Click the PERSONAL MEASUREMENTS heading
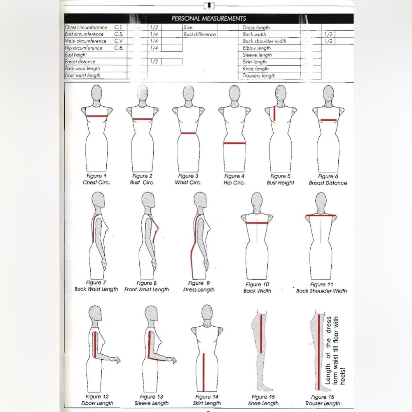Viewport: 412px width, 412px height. (208, 19)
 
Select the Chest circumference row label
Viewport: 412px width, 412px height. (86, 27)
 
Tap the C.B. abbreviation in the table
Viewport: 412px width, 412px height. (119, 48)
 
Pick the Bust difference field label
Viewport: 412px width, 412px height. (200, 34)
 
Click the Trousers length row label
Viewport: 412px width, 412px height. (259, 76)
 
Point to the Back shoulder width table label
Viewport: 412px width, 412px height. (265, 41)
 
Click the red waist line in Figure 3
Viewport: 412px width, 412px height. (189, 133)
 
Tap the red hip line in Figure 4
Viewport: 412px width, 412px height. (234, 143)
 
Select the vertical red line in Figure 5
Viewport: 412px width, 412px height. (274, 113)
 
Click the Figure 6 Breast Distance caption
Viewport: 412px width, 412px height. (328, 180)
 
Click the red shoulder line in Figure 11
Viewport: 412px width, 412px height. (321, 215)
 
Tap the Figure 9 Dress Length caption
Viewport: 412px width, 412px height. (199, 286)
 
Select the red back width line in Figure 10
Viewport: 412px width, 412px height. (257, 223)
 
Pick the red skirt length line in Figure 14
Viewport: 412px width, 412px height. (204, 372)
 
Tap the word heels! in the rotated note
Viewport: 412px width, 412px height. (342, 376)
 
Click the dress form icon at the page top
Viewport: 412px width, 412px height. (209, 5)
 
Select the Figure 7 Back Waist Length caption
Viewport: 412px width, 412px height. (96, 286)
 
